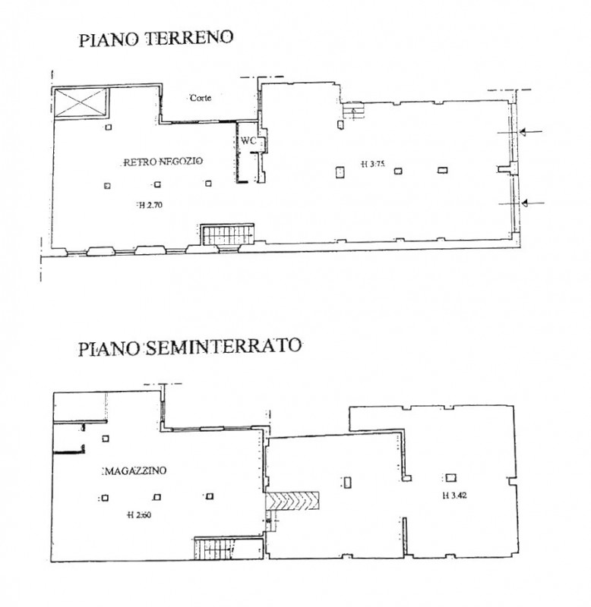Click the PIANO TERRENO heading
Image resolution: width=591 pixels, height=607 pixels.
[x=156, y=39]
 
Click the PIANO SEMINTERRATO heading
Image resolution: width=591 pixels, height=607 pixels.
[x=190, y=347]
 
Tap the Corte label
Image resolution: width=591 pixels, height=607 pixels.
[x=201, y=98]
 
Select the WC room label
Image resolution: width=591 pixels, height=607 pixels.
[x=248, y=140]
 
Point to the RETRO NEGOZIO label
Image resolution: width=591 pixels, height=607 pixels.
[x=163, y=162]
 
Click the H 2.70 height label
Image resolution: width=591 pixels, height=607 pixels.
[x=150, y=205]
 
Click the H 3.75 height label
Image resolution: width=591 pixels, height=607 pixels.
[x=373, y=164]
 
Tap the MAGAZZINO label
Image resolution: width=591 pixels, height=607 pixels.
[x=136, y=470]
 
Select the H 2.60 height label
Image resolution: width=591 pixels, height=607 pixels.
[x=139, y=515]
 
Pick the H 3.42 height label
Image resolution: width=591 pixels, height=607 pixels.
[x=454, y=495]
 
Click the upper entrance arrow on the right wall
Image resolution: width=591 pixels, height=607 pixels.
[x=530, y=132]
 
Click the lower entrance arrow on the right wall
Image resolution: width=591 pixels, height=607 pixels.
[x=533, y=203]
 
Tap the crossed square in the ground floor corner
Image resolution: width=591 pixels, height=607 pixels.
[x=81, y=102]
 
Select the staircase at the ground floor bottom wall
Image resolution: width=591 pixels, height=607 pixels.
[x=227, y=234]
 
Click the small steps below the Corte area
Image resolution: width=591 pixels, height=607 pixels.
[x=353, y=112]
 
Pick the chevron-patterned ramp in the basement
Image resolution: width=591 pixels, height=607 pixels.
[x=292, y=501]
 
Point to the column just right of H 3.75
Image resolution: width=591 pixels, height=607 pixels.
[x=398, y=171]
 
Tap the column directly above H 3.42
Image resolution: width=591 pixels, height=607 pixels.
[x=450, y=478]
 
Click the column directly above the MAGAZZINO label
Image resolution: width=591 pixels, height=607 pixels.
[x=106, y=439]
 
